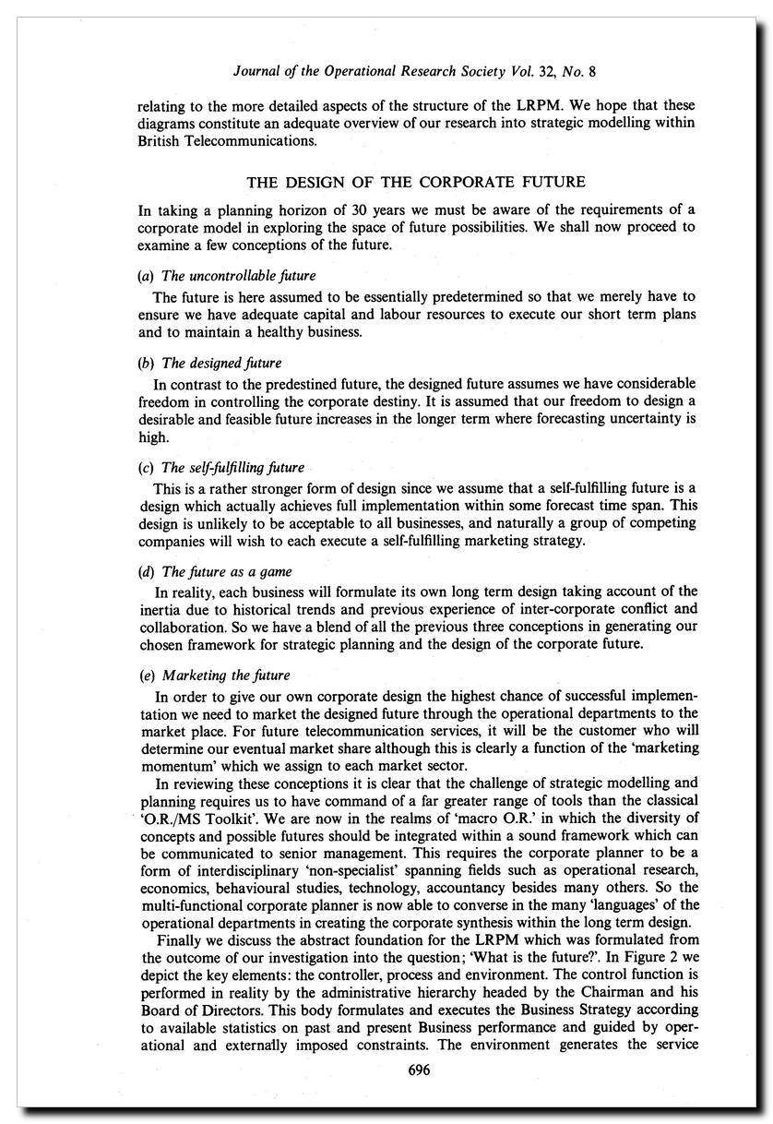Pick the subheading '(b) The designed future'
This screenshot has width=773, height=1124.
tap(210, 363)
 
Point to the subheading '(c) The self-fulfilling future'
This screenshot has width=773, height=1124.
tap(221, 467)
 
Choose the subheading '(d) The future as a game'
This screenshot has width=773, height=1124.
tap(215, 571)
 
